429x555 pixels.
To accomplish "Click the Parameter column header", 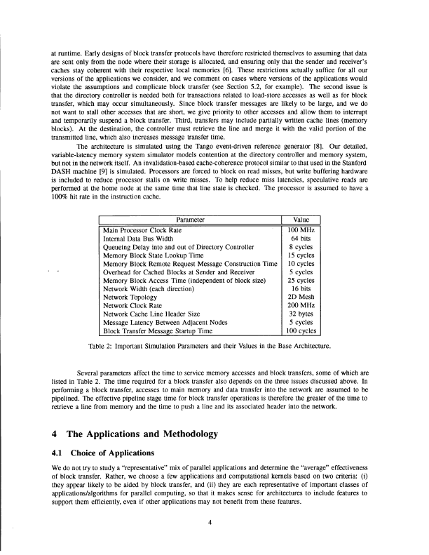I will tap(190, 220).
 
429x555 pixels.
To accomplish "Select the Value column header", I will tap(304, 220).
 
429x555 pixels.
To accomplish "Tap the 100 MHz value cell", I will tap(304, 230).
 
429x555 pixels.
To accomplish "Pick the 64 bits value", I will tap(304, 239).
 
